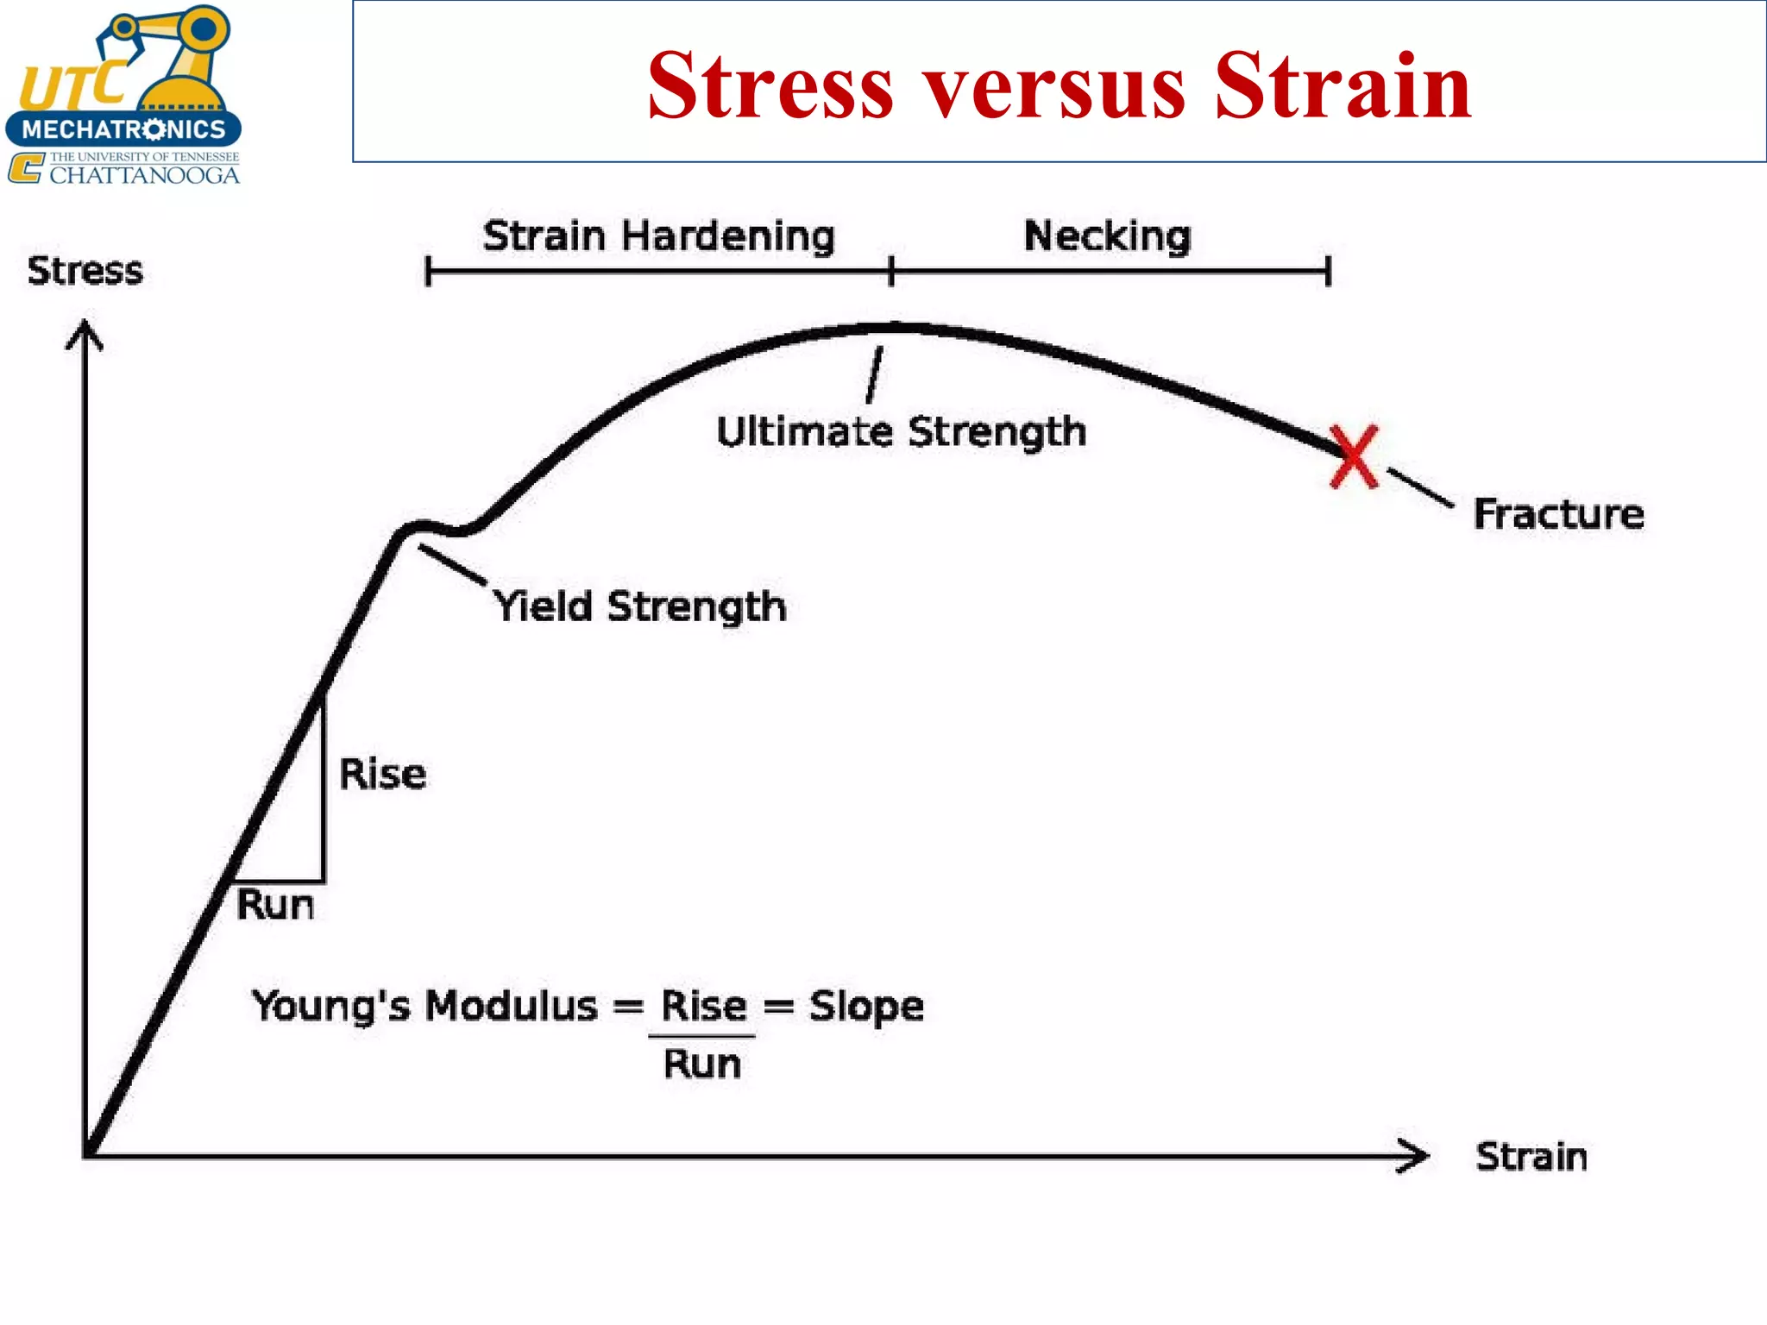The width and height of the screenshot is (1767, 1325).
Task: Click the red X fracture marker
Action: [1354, 456]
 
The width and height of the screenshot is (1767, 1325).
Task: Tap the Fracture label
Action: [1558, 514]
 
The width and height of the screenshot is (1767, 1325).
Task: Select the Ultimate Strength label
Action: [901, 431]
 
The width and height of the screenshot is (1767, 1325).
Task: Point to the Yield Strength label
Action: [639, 606]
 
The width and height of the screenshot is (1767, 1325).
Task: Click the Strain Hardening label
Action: [658, 236]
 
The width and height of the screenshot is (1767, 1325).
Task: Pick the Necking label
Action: [1107, 236]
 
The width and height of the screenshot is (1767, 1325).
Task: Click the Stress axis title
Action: [85, 271]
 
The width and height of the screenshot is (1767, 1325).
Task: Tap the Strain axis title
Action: [1531, 1157]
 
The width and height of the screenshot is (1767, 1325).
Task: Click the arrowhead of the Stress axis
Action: [85, 332]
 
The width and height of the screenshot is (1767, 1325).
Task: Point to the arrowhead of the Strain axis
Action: [1415, 1156]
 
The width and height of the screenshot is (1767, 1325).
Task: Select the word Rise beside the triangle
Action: [382, 774]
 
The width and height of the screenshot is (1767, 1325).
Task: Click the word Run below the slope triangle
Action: [275, 905]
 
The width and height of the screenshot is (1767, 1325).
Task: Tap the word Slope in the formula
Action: [865, 1007]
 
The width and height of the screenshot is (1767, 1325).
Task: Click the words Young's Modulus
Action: [424, 1006]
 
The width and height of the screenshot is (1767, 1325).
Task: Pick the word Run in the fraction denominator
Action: [701, 1064]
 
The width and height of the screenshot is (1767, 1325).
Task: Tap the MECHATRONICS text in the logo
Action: [123, 130]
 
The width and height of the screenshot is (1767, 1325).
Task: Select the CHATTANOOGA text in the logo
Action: [144, 175]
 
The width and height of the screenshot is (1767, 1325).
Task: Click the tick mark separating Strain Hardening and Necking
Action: [891, 271]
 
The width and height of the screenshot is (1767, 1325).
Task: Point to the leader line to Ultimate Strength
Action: [875, 375]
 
